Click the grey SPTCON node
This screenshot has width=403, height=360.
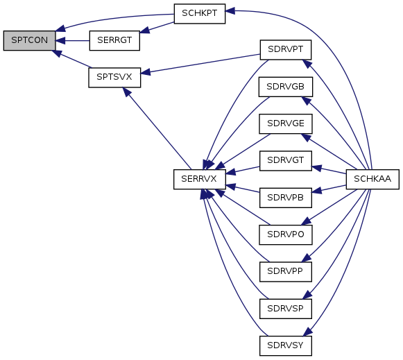click(29, 41)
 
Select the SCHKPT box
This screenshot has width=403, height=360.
click(200, 14)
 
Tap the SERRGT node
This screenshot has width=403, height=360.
click(114, 41)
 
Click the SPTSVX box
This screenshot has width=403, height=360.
click(114, 78)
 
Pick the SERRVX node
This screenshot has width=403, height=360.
click(200, 179)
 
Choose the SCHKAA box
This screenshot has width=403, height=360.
click(372, 179)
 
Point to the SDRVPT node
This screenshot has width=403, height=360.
click(286, 49)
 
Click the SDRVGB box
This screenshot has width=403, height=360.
click(286, 87)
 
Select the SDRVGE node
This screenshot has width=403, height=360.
click(286, 124)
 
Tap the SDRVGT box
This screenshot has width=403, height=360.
click(286, 161)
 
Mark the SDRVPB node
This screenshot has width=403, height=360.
click(286, 198)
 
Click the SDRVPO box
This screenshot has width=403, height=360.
click(286, 234)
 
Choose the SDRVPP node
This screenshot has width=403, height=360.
click(286, 272)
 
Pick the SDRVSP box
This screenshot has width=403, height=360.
click(286, 309)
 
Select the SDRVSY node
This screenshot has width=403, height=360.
click(286, 345)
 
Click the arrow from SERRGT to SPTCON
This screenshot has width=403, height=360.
click(72, 41)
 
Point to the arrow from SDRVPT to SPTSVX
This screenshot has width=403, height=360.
click(200, 64)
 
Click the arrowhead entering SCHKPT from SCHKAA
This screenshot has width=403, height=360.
click(230, 11)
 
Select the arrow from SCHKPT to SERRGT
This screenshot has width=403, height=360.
click(157, 27)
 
